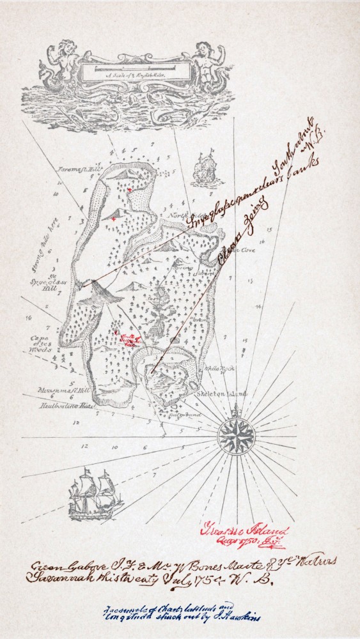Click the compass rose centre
click(237, 436)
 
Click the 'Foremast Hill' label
click(88, 169)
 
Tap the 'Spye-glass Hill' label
click(48, 280)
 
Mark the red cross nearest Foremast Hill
click(130, 190)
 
